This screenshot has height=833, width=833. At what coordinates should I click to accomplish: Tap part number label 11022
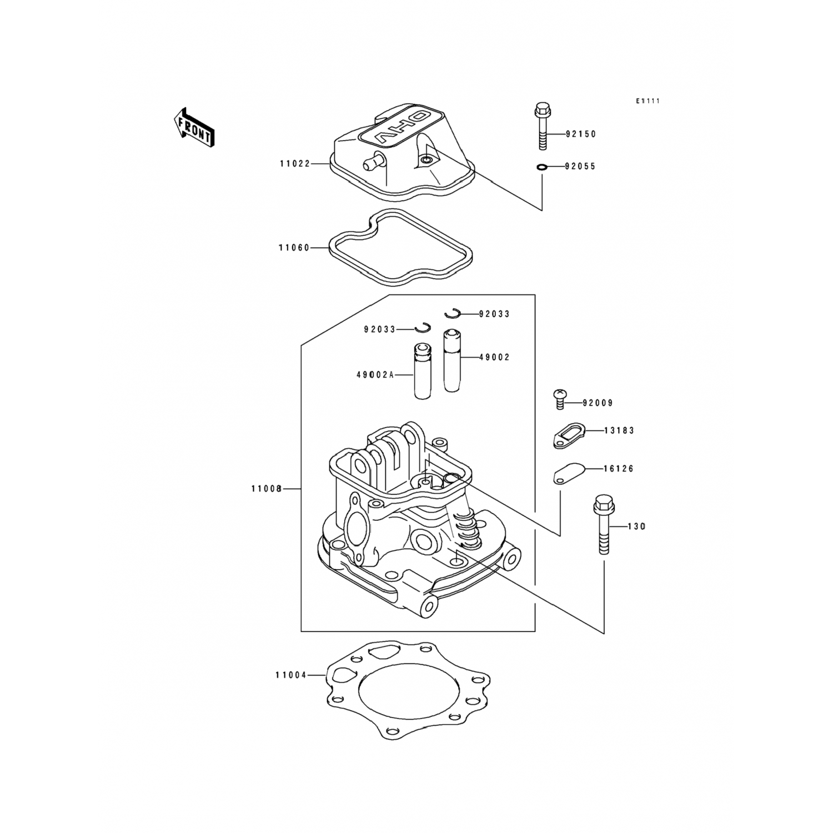tap(295, 164)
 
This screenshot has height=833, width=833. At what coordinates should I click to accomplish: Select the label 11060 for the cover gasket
tap(294, 248)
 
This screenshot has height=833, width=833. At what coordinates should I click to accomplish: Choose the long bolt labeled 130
tap(604, 524)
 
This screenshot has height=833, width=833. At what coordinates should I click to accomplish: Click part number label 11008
tap(267, 489)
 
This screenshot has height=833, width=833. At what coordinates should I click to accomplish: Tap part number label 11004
tap(290, 675)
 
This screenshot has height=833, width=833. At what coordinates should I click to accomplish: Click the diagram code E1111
tap(648, 101)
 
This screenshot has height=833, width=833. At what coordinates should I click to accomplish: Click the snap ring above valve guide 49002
tap(453, 314)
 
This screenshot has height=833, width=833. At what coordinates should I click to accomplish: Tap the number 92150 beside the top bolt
tap(580, 134)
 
